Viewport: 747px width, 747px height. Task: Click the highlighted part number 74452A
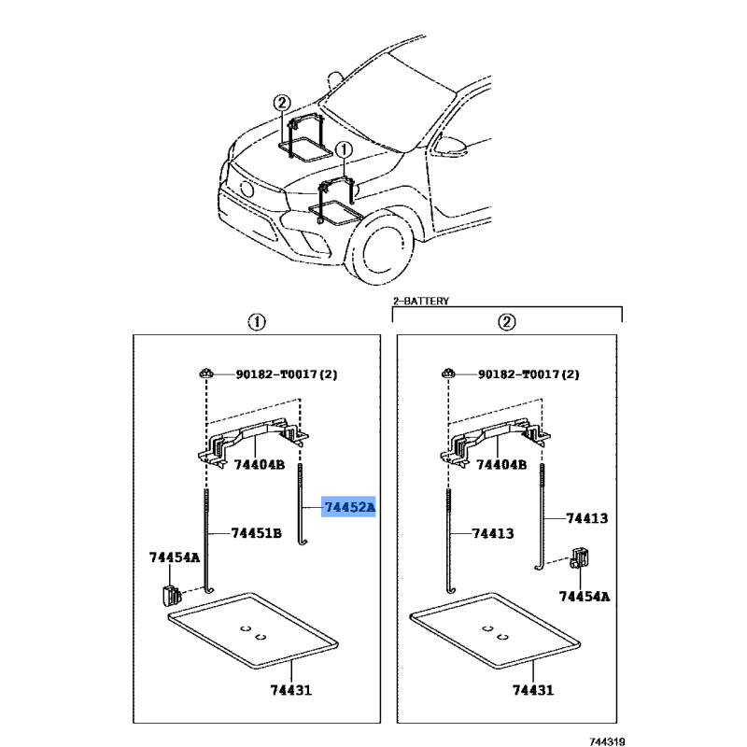349,507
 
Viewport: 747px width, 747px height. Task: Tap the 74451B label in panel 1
256,533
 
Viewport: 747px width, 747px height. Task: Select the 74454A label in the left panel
175,557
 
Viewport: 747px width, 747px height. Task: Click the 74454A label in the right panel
585,597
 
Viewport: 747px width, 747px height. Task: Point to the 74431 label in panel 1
290,690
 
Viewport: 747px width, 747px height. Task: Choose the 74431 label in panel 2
533,690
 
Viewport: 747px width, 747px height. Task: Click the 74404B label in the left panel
260,464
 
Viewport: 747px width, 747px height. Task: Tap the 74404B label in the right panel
501,464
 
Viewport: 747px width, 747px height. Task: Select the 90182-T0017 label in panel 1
276,374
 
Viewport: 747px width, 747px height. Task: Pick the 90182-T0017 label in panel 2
519,374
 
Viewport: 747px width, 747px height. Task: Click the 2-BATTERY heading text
421,301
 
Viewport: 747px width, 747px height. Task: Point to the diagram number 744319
607,741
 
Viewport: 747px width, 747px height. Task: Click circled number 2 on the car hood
282,103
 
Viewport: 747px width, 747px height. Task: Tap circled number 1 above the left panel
257,322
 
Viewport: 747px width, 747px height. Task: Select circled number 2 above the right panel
507,322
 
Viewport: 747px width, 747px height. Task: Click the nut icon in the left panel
206,373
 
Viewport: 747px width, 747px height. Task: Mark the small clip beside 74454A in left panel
171,596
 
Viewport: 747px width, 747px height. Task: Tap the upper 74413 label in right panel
587,518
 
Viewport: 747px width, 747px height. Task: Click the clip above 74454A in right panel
580,557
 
